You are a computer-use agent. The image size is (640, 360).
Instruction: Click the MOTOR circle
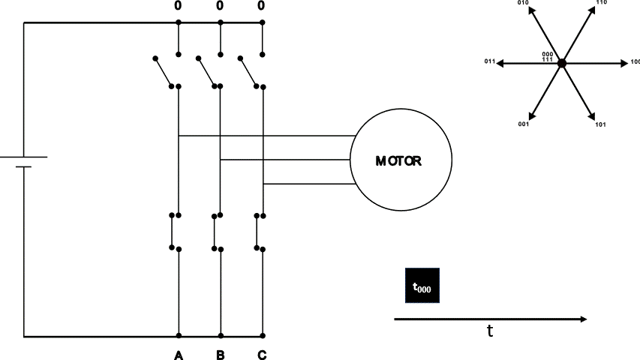(401, 160)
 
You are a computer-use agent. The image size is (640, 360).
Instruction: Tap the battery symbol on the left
(23, 162)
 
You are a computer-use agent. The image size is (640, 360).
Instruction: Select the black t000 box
(422, 286)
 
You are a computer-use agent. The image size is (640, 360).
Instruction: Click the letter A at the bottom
(179, 355)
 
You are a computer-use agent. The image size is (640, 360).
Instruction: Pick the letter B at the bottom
(220, 355)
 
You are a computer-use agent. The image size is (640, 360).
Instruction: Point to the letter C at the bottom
(262, 355)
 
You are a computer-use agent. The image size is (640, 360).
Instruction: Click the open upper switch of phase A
(164, 71)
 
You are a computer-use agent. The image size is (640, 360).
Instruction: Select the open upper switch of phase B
(206, 71)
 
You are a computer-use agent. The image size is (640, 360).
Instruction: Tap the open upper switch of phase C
(248, 71)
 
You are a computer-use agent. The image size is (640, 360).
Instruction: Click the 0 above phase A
(178, 6)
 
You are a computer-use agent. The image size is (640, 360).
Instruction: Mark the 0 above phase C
(262, 6)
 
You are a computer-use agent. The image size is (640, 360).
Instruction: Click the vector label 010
(524, 3)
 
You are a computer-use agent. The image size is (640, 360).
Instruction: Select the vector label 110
(601, 3)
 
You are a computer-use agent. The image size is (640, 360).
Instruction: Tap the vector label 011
(488, 63)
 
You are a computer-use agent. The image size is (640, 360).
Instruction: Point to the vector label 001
(524, 124)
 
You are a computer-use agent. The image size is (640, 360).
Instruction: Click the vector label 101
(600, 124)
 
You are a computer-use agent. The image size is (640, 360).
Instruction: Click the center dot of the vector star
(562, 64)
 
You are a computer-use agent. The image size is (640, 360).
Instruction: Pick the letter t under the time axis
(490, 331)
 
